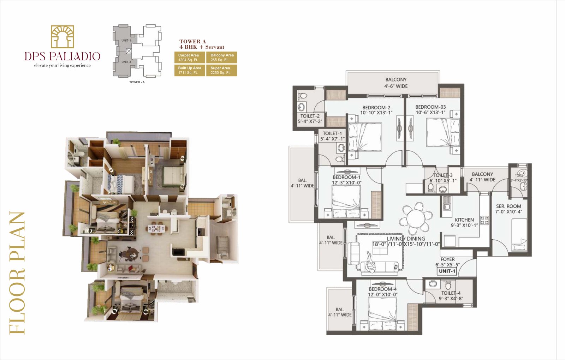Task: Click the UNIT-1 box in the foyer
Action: point(447,271)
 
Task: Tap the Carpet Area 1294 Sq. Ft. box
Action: point(190,58)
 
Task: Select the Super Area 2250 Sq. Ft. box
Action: point(221,70)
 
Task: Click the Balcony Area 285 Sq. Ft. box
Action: point(221,58)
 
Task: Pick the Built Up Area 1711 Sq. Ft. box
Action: point(190,70)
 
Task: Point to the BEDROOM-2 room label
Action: point(376,110)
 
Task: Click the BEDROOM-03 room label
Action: point(430,109)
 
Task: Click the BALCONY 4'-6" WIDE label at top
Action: point(396,83)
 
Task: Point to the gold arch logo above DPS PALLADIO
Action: point(63,37)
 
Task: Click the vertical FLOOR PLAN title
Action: point(17,272)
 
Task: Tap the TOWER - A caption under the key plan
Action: point(137,82)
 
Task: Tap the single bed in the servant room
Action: point(519,234)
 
